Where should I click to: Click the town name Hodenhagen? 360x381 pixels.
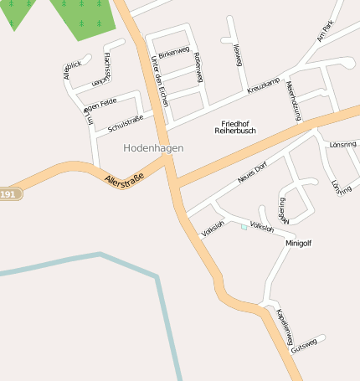153,147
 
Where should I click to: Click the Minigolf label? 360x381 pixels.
298,243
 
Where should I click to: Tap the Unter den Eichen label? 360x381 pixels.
160,82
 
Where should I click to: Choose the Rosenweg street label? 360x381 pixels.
198,67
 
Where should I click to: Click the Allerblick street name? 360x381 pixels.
72,70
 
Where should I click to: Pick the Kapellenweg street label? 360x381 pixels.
284,325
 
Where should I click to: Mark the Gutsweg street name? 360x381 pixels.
304,346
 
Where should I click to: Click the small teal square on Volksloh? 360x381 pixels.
244,226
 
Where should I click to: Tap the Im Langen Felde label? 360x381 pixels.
95,110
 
